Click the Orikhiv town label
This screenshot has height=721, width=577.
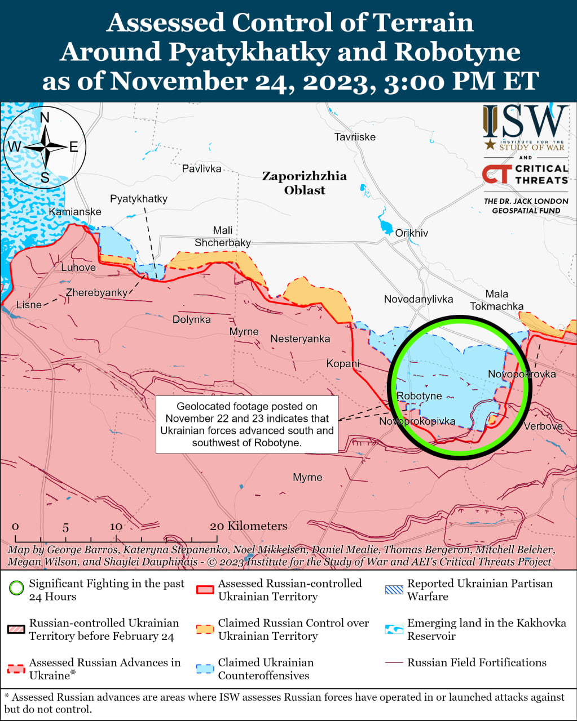click(411, 233)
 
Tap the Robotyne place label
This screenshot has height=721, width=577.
click(419, 396)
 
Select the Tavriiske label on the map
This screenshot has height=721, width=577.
click(355, 137)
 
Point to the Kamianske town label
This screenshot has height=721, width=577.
click(75, 212)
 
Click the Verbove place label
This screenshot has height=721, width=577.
click(543, 426)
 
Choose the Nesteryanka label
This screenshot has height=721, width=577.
click(300, 339)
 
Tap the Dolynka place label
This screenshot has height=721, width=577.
click(192, 319)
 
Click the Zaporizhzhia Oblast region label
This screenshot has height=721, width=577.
click(305, 183)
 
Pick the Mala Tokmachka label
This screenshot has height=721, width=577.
click(496, 300)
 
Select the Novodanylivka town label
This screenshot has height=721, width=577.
click(419, 299)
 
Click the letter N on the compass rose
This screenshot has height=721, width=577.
click(45, 117)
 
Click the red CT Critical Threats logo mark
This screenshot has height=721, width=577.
click(496, 174)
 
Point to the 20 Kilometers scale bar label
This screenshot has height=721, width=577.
click(248, 526)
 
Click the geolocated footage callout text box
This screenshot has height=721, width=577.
click(246, 424)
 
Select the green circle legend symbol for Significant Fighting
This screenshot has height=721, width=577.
click(16, 590)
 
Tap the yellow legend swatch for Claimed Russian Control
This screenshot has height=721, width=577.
click(205, 629)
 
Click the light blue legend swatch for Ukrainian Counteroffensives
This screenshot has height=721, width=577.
click(205, 669)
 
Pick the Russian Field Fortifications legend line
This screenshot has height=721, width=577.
click(394, 663)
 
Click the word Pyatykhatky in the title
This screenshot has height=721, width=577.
click(249, 52)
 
